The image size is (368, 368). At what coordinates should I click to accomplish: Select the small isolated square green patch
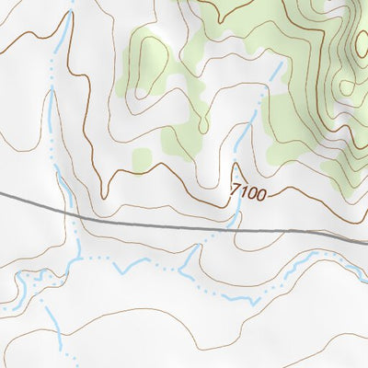pos(141,158)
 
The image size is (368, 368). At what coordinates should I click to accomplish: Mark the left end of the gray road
pos(2,194)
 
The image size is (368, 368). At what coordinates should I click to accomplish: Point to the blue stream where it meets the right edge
pos(365,273)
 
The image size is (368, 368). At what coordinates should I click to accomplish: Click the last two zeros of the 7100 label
pos(257,195)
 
